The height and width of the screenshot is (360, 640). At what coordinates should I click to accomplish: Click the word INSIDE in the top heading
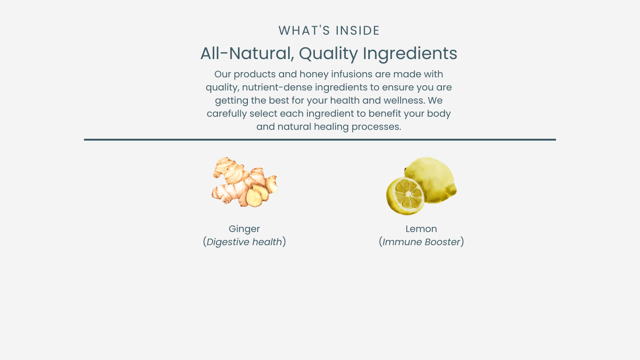click(x=357, y=30)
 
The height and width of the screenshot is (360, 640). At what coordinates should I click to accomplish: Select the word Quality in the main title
click(x=328, y=53)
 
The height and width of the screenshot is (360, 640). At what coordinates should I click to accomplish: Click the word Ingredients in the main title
click(x=410, y=53)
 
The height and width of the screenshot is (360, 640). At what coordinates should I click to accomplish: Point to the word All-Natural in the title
click(x=247, y=53)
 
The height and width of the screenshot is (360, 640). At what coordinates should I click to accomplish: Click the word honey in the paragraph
click(x=314, y=75)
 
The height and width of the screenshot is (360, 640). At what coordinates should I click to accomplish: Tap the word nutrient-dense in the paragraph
click(x=277, y=88)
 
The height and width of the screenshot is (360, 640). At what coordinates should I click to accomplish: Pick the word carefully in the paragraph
click(x=227, y=114)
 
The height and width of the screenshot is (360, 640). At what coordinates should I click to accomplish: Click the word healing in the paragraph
click(x=331, y=127)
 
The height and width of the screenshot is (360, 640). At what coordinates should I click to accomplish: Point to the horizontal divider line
click(x=320, y=140)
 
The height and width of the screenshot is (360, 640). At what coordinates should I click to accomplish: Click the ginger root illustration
click(x=244, y=182)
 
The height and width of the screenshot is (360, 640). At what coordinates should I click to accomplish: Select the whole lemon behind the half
click(x=431, y=180)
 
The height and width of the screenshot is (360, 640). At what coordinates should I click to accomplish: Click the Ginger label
click(x=244, y=229)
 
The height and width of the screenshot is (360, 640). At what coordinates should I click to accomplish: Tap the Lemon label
click(x=421, y=229)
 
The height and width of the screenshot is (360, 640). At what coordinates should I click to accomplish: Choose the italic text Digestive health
click(x=244, y=242)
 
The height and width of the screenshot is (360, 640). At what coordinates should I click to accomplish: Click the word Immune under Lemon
click(x=402, y=242)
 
